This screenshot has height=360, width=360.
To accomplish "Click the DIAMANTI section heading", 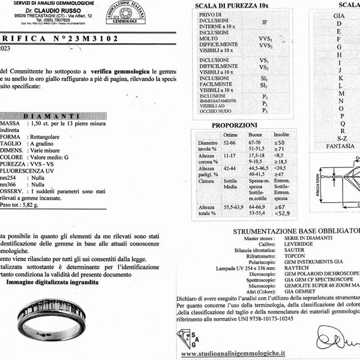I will click(x=57, y=116).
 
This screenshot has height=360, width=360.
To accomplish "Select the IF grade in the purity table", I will click(x=265, y=23).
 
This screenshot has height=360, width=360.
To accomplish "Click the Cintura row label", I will click(x=206, y=181).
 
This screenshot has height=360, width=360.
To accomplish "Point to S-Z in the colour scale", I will click(x=342, y=138).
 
